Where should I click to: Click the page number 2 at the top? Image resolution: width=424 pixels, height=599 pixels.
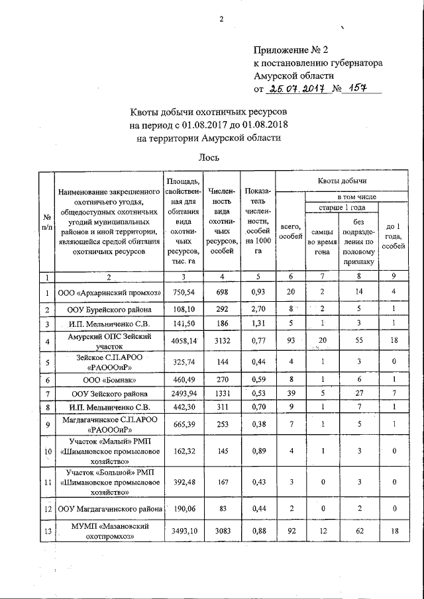tap(221, 19)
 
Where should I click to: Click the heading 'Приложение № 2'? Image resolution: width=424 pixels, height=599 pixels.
tap(291, 50)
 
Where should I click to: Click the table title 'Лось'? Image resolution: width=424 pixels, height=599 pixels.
tap(209, 158)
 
